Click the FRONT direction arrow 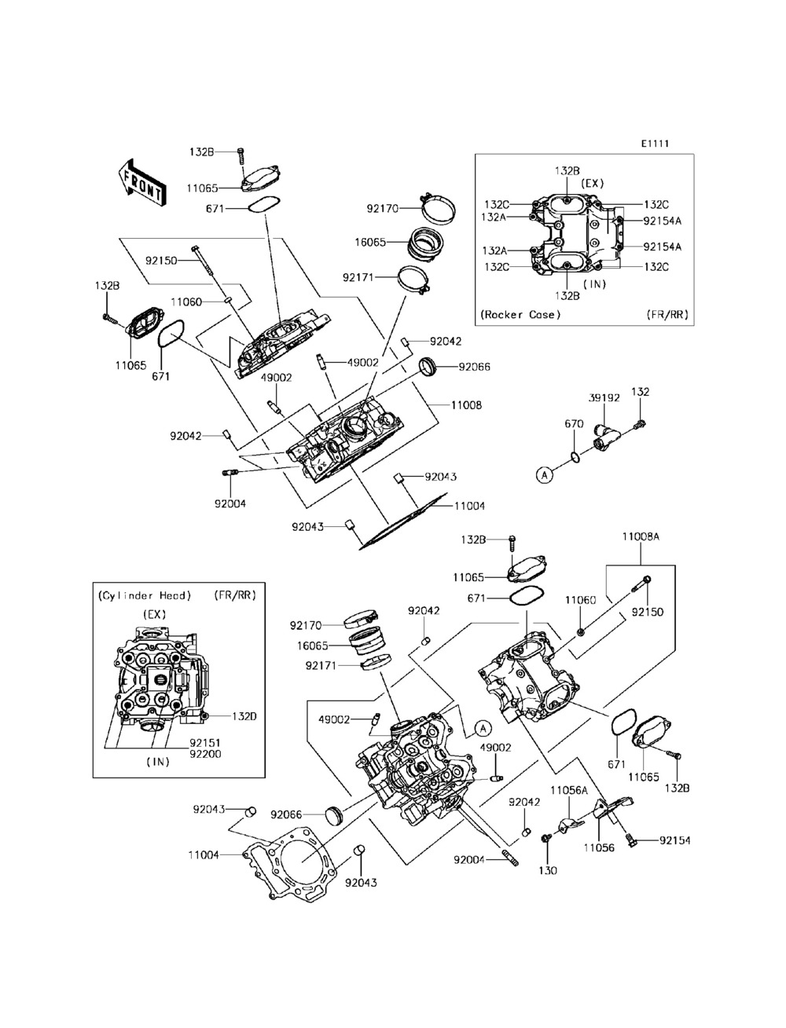[x=141, y=183]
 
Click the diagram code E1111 [x=655, y=144]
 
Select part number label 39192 [x=604, y=397]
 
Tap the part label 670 [x=574, y=423]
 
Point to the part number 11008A [x=641, y=536]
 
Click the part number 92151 [x=205, y=743]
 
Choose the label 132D [x=244, y=716]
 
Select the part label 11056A [x=569, y=791]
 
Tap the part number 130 [x=547, y=871]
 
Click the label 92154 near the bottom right [x=675, y=840]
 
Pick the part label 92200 [x=205, y=754]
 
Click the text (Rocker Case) [x=520, y=314]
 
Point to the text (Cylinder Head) [x=145, y=595]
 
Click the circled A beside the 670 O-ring [x=544, y=475]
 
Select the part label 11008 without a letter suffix [x=466, y=405]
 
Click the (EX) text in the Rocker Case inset [x=593, y=183]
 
